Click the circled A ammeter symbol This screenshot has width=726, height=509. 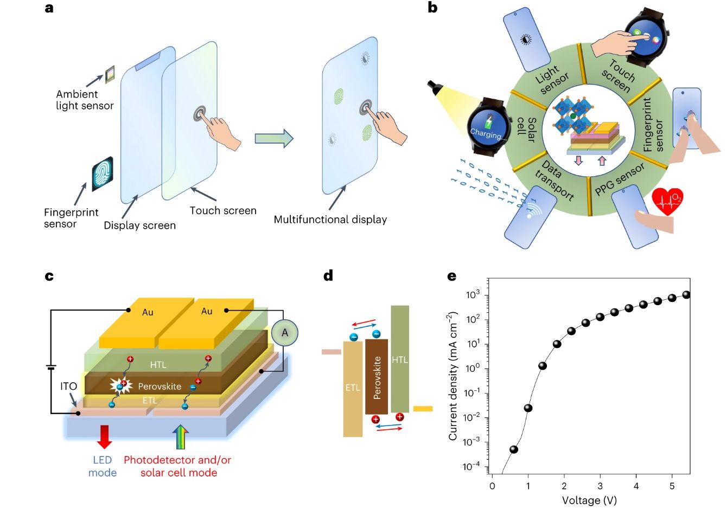[x=285, y=333]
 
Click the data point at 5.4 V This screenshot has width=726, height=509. [x=686, y=294]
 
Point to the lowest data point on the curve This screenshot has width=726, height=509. [x=514, y=449]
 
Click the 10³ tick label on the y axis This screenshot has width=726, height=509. [x=474, y=295]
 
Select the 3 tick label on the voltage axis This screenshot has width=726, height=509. [x=600, y=486]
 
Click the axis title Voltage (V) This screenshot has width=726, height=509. [x=589, y=500]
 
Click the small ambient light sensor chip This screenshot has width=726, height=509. [x=110, y=73]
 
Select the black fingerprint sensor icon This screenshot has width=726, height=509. [x=103, y=174]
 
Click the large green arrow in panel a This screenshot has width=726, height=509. [x=274, y=139]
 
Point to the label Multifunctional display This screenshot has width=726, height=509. [x=330, y=220]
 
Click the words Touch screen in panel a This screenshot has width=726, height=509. [x=223, y=210]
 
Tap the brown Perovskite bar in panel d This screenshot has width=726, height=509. [x=377, y=377]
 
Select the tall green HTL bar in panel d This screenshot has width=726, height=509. [x=400, y=359]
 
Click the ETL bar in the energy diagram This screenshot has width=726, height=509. [x=353, y=388]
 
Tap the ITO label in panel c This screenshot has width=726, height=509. [x=68, y=386]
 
